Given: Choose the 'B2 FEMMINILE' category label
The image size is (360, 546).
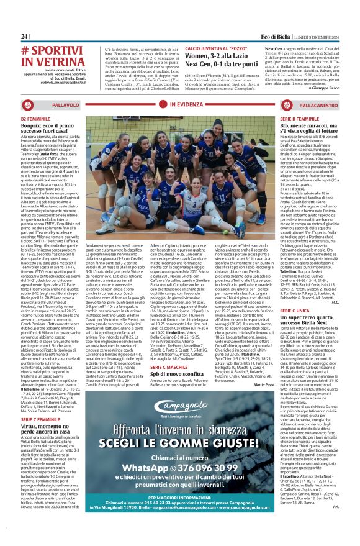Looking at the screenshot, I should [x=35, y=119].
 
